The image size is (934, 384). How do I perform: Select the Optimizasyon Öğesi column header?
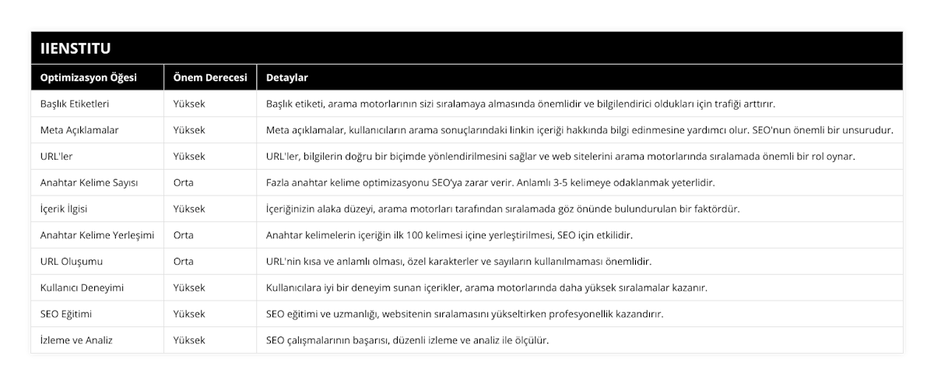tap(88, 78)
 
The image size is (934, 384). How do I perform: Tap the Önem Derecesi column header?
tap(210, 78)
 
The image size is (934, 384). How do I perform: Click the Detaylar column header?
tap(287, 78)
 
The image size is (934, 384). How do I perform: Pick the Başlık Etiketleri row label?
tap(74, 104)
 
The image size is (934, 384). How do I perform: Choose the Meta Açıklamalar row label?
tap(79, 129)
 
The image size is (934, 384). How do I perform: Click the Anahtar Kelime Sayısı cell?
tap(89, 182)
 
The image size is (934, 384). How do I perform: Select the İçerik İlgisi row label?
tap(67, 209)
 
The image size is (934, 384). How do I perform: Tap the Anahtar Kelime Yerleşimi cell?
tap(97, 234)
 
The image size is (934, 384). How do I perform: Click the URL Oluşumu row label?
tap(71, 261)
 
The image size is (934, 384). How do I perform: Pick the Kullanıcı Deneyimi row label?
tap(81, 287)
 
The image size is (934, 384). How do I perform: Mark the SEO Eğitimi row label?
tap(67, 314)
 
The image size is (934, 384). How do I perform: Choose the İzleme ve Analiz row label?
tap(76, 340)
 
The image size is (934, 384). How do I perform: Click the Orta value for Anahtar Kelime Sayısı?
tap(184, 182)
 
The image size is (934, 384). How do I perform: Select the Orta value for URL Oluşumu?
tap(184, 261)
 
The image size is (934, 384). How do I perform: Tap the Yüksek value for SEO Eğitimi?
tap(189, 314)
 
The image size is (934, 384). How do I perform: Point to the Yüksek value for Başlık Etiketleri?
tap(189, 104)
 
